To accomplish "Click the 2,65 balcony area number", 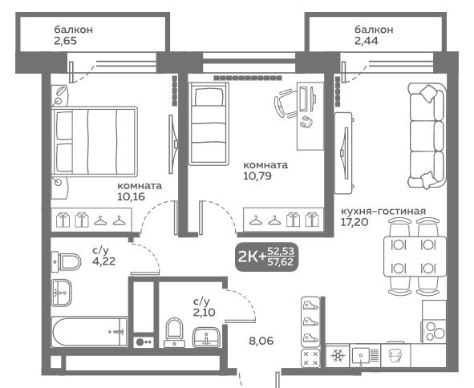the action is (66, 41).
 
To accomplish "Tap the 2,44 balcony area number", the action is (366, 41).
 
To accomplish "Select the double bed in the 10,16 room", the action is (95, 141).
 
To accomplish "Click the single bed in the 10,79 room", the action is (209, 123).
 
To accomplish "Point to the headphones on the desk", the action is (306, 122).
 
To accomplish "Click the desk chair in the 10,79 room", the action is (286, 103).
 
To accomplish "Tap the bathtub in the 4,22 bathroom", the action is (90, 332).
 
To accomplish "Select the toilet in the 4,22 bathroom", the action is (67, 261).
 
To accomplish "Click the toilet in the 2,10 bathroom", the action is (174, 333).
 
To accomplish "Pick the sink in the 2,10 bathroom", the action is (206, 337).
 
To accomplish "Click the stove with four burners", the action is (434, 331).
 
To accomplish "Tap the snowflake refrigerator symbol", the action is (338, 355).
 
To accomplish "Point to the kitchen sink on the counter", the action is (365, 355).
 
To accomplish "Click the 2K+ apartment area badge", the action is (266, 257).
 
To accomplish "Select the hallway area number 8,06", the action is (261, 341).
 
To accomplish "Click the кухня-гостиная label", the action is (383, 211).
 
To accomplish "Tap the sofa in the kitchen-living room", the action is (427, 136).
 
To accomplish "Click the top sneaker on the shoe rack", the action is (310, 305).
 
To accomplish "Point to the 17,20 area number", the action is (354, 222).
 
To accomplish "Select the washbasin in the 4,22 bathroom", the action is (62, 293).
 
